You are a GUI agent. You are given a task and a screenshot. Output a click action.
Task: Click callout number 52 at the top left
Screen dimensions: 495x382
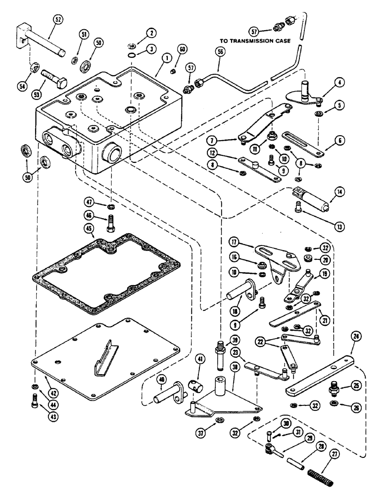[x=58, y=21]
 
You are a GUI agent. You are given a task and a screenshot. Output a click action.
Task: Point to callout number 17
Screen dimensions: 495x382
[x=235, y=242]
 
